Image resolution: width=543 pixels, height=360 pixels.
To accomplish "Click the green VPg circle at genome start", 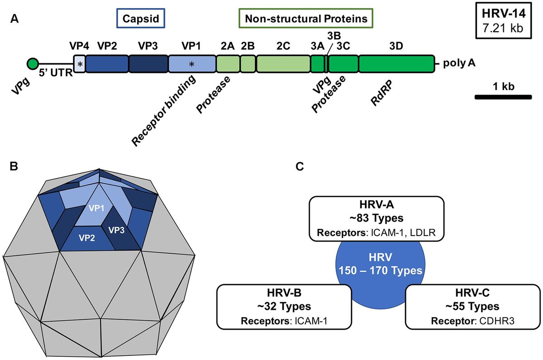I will tap(32, 64).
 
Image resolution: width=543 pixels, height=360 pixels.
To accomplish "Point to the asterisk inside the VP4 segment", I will tap(80, 65).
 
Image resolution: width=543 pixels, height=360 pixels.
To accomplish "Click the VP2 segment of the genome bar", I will tap(107, 64).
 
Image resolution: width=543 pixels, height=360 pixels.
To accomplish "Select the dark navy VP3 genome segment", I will tap(148, 64).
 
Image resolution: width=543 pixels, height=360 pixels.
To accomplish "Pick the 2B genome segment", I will tap(248, 64).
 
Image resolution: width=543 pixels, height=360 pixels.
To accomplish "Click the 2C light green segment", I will tap(283, 64).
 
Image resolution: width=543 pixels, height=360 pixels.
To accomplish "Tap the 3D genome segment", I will tap(396, 64).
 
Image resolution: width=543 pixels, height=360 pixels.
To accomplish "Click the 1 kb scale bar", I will tap(503, 97).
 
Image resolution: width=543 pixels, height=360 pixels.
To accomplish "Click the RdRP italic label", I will tap(381, 93).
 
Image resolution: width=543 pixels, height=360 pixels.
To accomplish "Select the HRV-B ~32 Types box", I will tap(285, 306).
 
